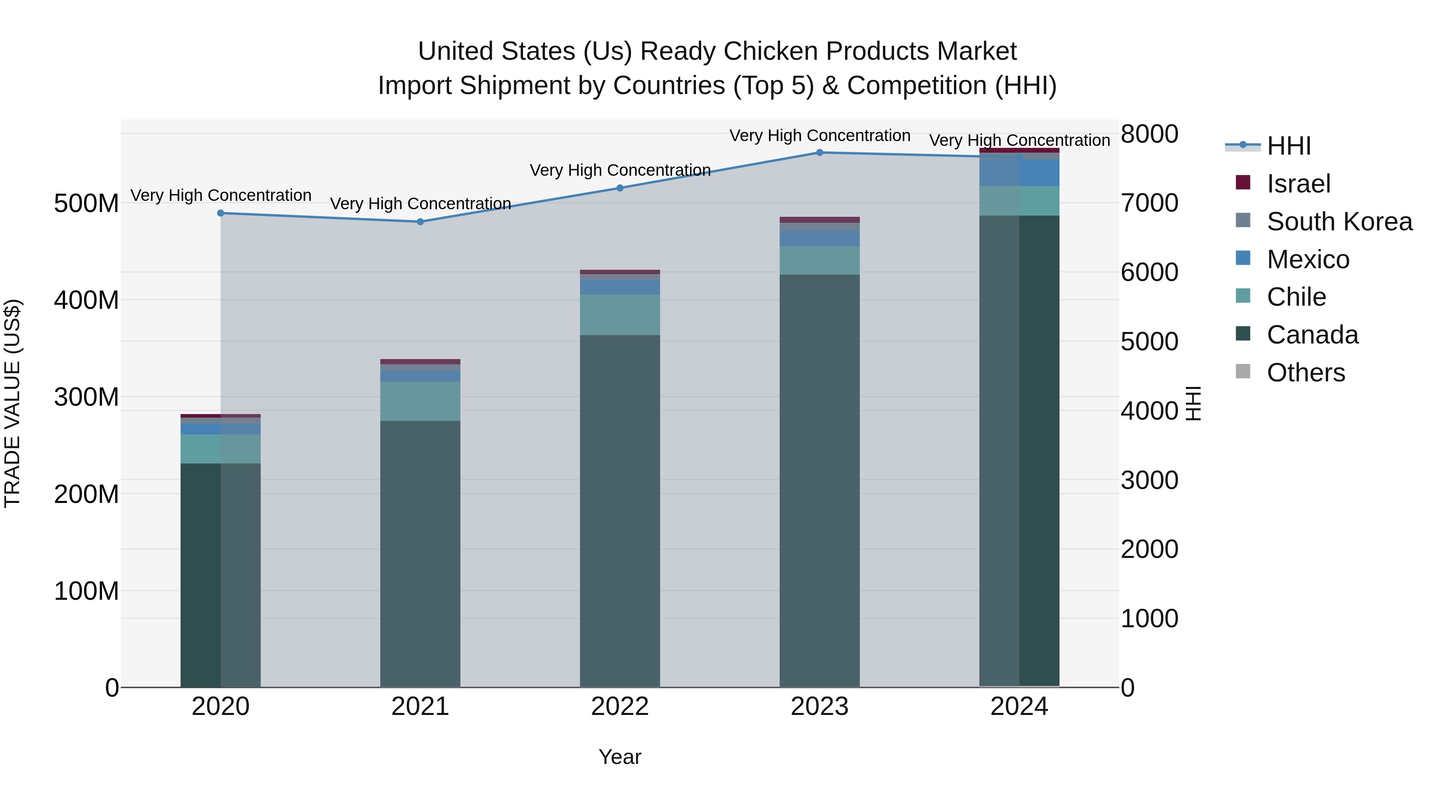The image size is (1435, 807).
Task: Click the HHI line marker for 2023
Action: (820, 152)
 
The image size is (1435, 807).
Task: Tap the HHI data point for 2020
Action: (220, 213)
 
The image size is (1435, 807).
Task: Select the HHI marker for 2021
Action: (421, 222)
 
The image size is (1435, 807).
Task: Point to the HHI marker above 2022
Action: (620, 188)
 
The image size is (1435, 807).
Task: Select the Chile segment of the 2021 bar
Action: (421, 401)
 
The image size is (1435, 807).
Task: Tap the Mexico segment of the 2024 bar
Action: (1019, 173)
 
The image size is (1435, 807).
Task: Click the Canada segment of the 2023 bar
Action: (820, 479)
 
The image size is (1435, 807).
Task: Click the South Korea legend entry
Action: (1339, 221)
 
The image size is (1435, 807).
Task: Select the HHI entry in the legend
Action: (1288, 146)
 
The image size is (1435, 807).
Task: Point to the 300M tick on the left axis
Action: (86, 397)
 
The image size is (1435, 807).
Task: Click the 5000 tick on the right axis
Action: (1149, 342)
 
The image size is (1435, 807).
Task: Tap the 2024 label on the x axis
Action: (1019, 707)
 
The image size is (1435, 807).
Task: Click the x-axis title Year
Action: (620, 757)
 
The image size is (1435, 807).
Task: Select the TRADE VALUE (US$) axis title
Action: (12, 403)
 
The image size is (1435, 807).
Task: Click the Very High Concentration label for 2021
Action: (421, 203)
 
